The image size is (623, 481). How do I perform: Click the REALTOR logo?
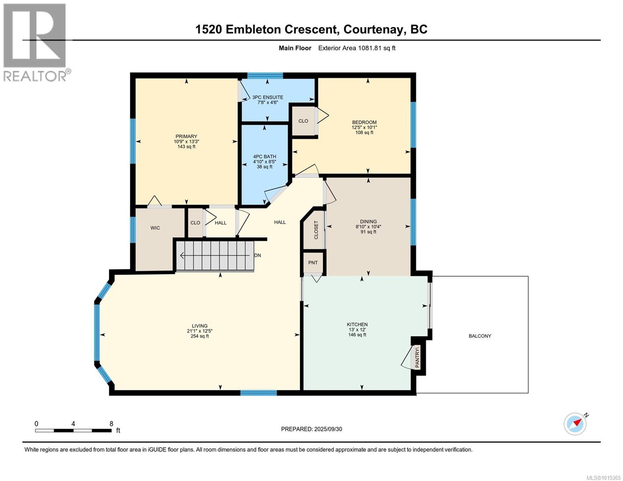pos(36,42)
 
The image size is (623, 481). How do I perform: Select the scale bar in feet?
pos(73,430)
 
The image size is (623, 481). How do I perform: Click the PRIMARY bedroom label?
pos(187,136)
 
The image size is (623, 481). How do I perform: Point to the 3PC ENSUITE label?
pos(268,97)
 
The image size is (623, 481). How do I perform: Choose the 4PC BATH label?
pos(264,156)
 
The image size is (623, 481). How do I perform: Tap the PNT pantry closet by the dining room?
pos(313,263)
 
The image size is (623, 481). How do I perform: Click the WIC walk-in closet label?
pos(155,228)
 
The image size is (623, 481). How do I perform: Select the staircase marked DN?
pos(215,256)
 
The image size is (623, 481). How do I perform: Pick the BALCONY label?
pos(480,336)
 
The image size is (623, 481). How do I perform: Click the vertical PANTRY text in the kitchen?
pos(417,357)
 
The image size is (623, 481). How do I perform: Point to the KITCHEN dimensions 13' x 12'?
pos(357,330)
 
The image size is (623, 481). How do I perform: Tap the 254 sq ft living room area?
pos(199,336)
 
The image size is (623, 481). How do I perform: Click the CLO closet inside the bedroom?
pos(303,121)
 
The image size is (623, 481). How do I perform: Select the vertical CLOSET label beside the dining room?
pos(316,230)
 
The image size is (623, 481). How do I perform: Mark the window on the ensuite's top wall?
pos(265,76)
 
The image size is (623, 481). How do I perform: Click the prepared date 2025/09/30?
pos(328,429)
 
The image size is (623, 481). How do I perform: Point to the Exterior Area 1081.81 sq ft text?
pos(357,48)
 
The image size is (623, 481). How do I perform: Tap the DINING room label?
pos(368,221)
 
